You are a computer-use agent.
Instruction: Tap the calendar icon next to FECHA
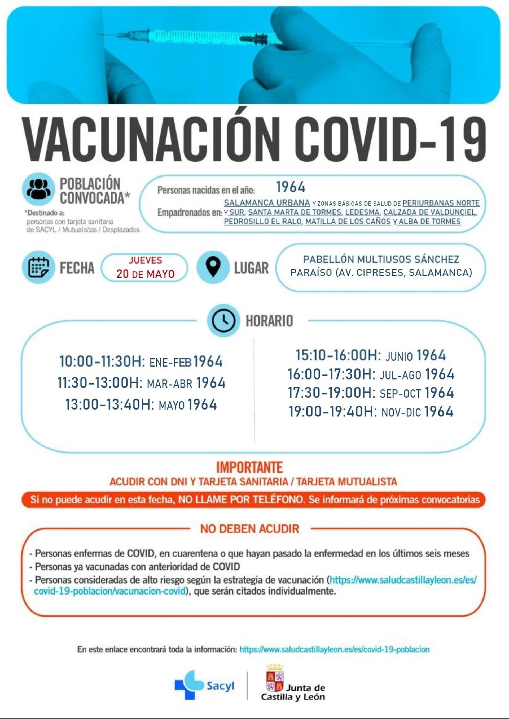click(x=38, y=267)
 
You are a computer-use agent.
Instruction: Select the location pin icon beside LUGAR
click(x=213, y=267)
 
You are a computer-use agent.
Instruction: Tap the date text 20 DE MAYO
click(x=146, y=274)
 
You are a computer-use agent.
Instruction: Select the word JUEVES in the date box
click(x=146, y=260)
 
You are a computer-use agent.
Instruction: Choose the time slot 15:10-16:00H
click(x=338, y=355)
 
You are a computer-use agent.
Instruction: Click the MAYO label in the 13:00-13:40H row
click(x=172, y=405)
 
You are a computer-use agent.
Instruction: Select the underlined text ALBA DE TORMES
click(x=429, y=221)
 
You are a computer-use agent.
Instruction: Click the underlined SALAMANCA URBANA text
click(x=267, y=203)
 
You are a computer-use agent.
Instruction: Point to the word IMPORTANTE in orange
click(x=249, y=467)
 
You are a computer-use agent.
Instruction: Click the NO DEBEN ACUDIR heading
click(x=249, y=529)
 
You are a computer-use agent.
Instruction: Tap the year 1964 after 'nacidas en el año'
click(x=291, y=187)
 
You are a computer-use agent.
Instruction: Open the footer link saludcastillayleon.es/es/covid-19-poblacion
click(x=334, y=649)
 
